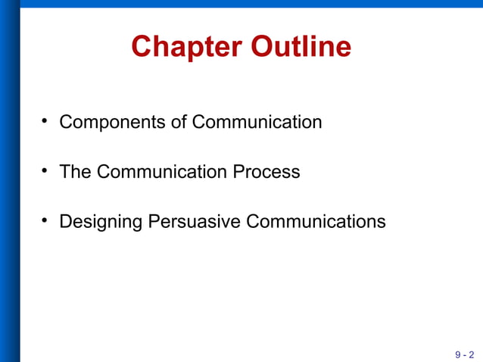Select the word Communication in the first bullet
point(257,122)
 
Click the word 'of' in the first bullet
point(179,122)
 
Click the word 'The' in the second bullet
point(75,172)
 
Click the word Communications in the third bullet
point(316,222)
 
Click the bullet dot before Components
point(45,121)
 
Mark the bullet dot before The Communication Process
point(45,171)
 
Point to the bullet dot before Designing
point(45,221)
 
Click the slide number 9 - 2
point(464,354)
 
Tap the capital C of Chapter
point(141,47)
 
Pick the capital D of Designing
point(65,222)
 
